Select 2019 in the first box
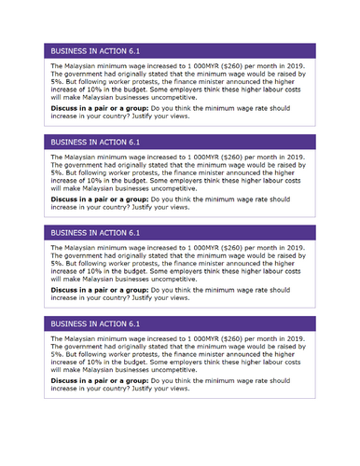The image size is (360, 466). point(297,68)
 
